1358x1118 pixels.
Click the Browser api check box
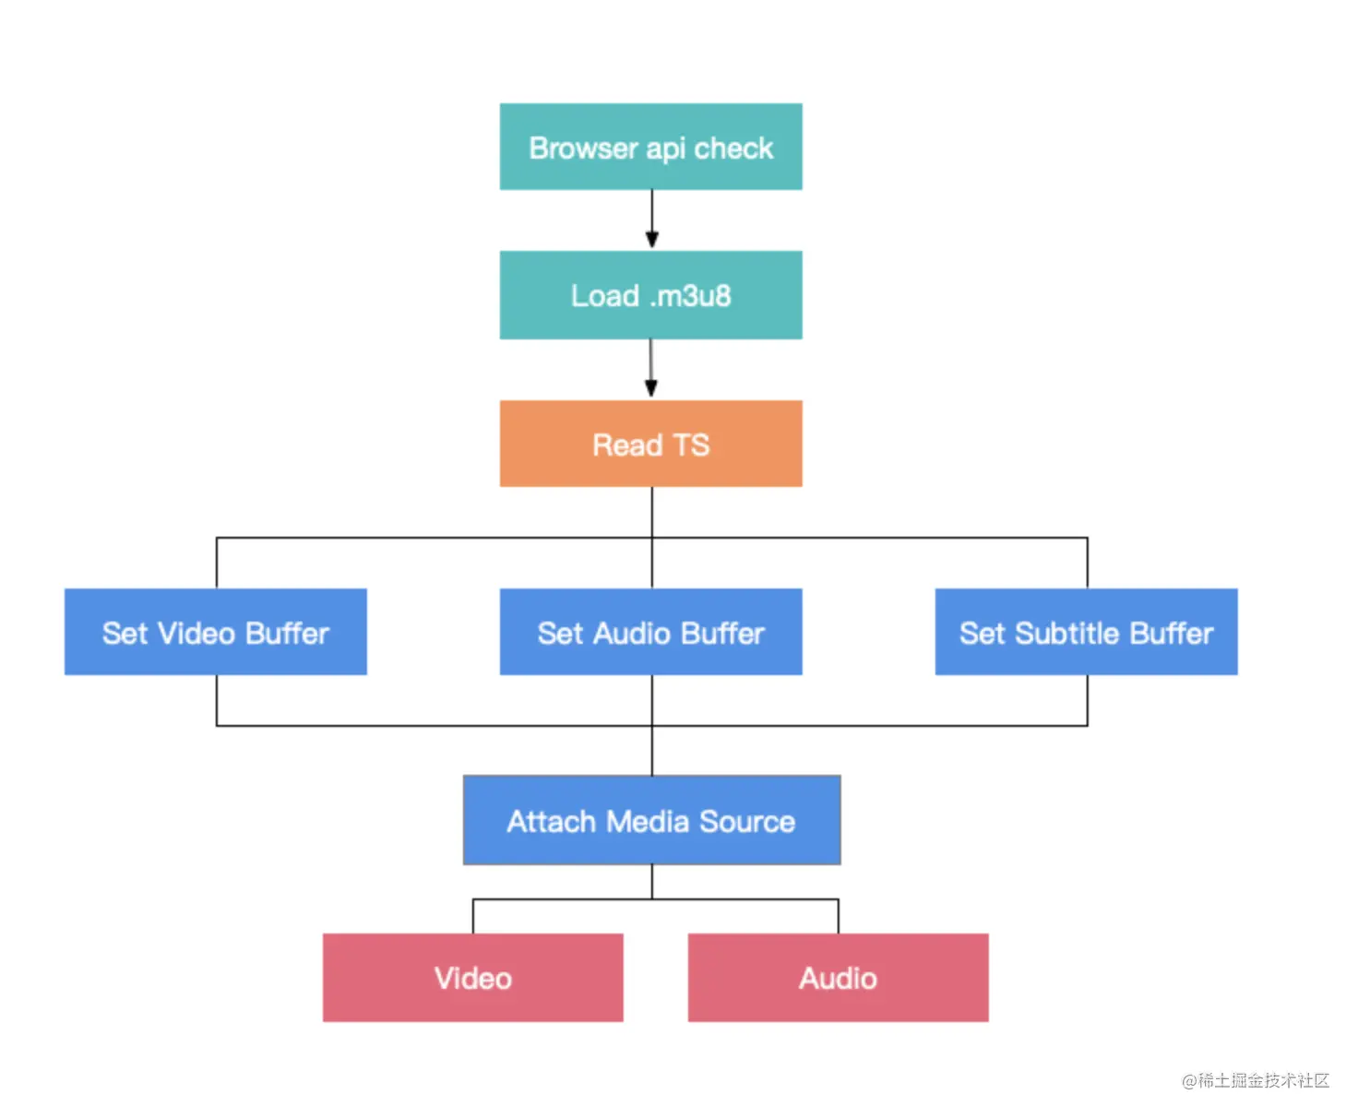click(x=650, y=146)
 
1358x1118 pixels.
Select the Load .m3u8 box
click(x=650, y=295)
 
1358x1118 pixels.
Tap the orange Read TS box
click(x=650, y=444)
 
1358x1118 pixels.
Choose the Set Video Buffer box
click(x=216, y=632)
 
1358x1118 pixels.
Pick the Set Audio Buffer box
click(x=650, y=632)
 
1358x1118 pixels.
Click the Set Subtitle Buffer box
click(x=1086, y=632)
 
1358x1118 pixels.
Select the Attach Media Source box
click(x=651, y=820)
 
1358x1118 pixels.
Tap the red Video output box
click(x=472, y=978)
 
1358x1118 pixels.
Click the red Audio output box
click(x=838, y=978)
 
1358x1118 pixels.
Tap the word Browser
click(x=583, y=149)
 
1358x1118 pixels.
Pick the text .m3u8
click(x=690, y=296)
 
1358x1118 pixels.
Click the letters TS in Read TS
click(x=691, y=445)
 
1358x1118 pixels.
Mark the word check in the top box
click(x=733, y=149)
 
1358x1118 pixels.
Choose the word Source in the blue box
click(x=747, y=822)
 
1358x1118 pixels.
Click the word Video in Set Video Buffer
click(x=197, y=633)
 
